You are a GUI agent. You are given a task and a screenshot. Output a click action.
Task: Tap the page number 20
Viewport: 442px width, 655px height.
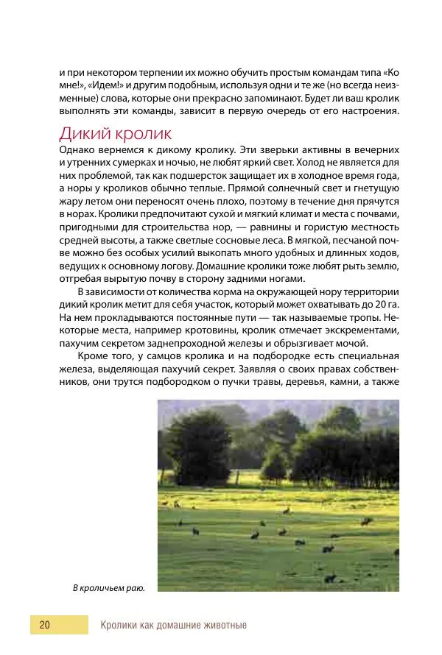coord(45,625)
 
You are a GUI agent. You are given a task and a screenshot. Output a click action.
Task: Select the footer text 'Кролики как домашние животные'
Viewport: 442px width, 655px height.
coord(173,626)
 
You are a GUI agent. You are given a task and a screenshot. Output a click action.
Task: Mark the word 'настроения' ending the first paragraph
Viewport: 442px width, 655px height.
coord(373,112)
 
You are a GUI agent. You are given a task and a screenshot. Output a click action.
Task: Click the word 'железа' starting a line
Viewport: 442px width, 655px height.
coord(74,369)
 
